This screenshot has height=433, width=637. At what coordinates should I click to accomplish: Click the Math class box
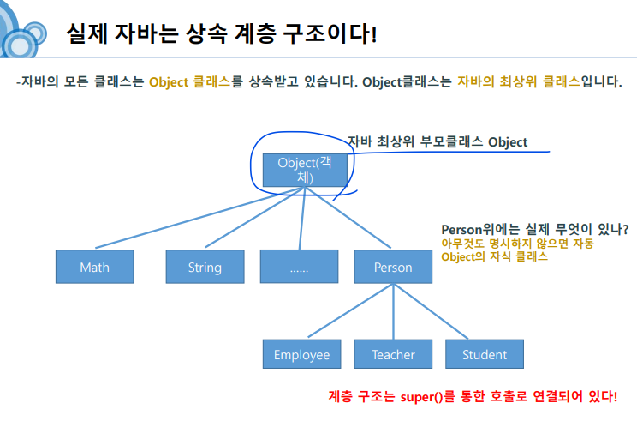(x=94, y=267)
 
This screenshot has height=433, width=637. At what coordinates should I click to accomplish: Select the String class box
(x=205, y=267)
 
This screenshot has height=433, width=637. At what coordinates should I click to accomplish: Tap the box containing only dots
(x=299, y=267)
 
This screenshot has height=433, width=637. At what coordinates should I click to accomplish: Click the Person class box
(x=393, y=267)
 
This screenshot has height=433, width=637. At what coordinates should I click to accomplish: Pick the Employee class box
(x=301, y=354)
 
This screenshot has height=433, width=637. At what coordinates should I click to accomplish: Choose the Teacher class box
(x=393, y=354)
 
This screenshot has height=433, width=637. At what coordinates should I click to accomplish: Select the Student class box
(x=484, y=354)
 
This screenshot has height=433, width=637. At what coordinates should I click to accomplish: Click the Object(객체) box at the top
(x=304, y=170)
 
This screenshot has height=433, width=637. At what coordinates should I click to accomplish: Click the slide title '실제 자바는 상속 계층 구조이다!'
(x=221, y=34)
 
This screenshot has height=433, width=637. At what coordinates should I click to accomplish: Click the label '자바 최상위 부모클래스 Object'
(x=438, y=142)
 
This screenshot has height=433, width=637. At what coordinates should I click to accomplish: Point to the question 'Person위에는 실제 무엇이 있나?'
(x=534, y=229)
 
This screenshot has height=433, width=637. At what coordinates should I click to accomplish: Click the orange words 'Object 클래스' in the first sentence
(x=189, y=83)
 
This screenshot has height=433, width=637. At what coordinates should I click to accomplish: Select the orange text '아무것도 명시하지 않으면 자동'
(x=517, y=244)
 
